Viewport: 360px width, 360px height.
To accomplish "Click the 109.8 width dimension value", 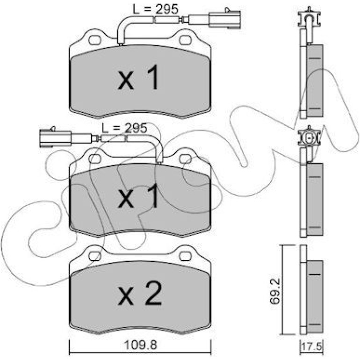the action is (x=141, y=345).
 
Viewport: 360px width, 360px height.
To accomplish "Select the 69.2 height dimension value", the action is (x=275, y=291).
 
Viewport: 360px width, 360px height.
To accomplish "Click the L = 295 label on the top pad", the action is (x=155, y=10).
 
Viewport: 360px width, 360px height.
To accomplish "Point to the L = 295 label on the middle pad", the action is (x=124, y=128).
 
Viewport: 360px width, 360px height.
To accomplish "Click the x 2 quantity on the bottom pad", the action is (x=140, y=295).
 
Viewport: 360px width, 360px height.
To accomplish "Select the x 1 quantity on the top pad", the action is (x=138, y=77).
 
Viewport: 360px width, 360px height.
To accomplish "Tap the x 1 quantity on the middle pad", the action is (x=138, y=196).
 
